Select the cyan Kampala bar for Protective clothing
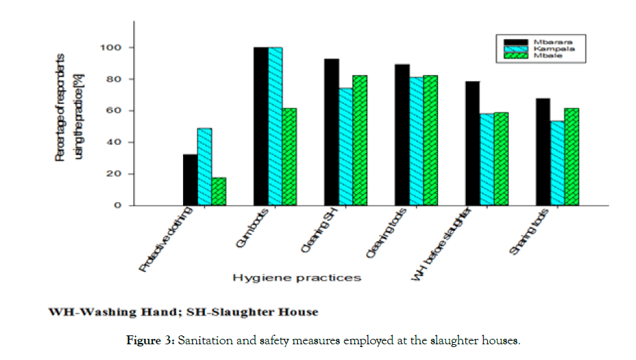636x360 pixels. point(204,167)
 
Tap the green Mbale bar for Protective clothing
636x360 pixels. point(219,191)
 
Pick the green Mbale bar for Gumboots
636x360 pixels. point(289,156)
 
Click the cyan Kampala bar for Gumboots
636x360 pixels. point(275,126)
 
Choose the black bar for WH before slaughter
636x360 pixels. point(472,143)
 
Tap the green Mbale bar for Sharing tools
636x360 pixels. point(571,156)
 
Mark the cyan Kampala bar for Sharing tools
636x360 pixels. point(557,163)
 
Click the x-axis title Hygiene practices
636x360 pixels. point(296,277)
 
